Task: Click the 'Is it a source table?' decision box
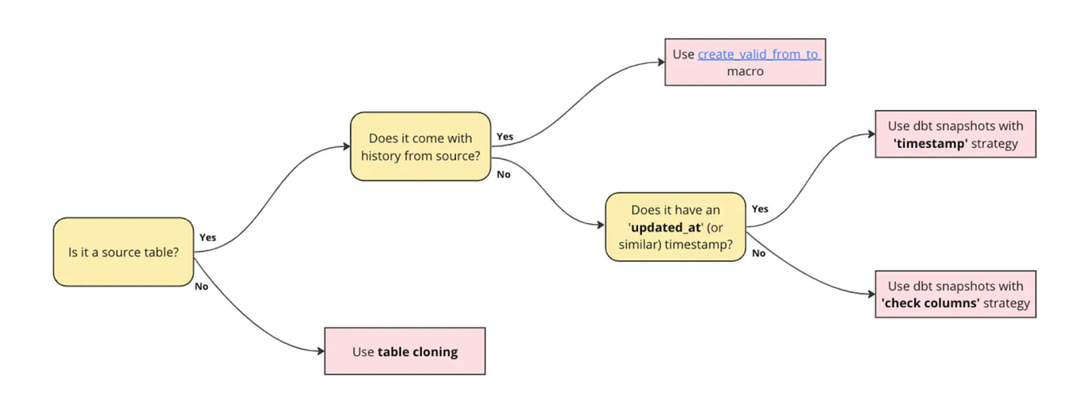pos(123,252)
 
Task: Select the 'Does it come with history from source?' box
pos(420,146)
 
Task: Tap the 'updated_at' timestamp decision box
pos(675,226)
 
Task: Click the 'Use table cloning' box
pos(405,351)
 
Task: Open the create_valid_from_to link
pos(758,55)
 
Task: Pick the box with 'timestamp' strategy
pos(955,134)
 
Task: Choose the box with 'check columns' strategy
pos(955,294)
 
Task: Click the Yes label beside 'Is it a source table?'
pos(207,237)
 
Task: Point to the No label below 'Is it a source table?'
pos(202,286)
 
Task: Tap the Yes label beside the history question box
pos(504,137)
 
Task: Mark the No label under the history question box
pos(503,174)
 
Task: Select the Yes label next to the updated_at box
pos(759,209)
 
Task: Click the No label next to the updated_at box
pos(758,253)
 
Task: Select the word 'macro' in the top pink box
pos(744,71)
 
